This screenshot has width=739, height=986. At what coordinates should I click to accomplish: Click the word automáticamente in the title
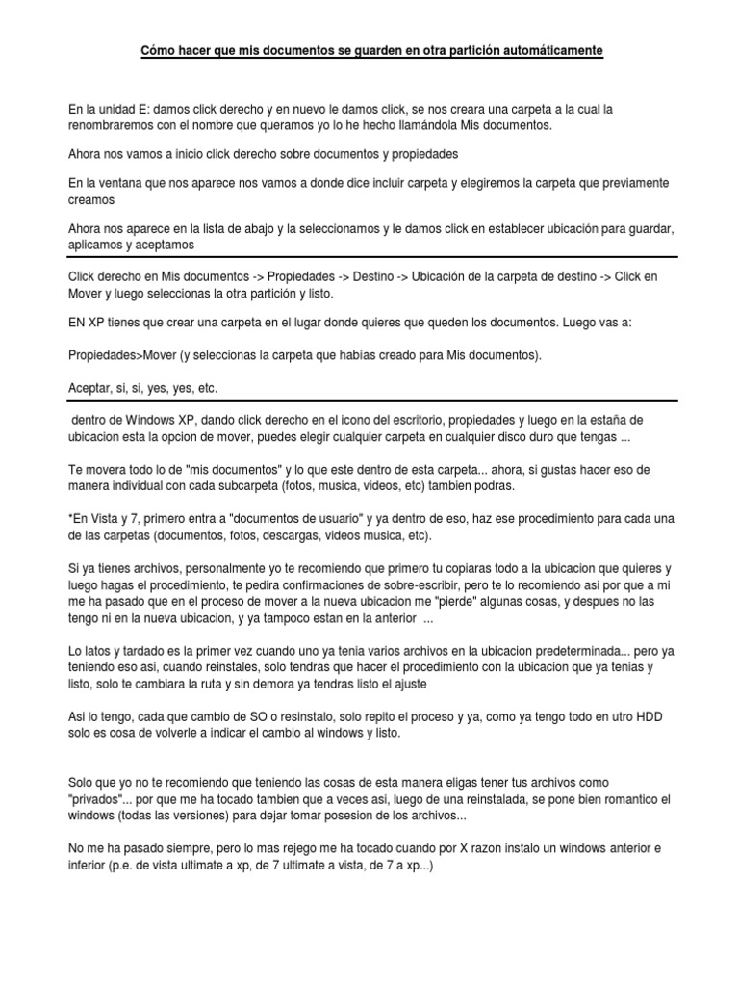click(x=544, y=49)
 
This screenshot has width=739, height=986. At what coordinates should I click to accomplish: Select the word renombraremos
click(x=113, y=125)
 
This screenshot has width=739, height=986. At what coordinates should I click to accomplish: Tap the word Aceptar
click(x=91, y=388)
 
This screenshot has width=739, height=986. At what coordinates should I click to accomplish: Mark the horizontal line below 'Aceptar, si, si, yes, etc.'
click(x=369, y=401)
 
